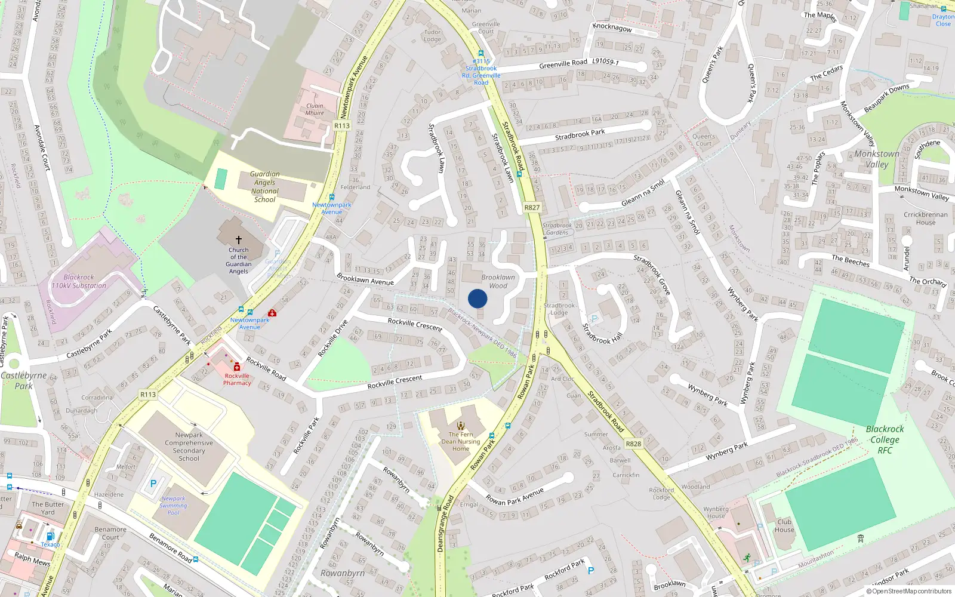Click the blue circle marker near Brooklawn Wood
click(x=478, y=298)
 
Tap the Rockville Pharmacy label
click(x=237, y=380)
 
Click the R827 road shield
click(x=532, y=208)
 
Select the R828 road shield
click(x=633, y=444)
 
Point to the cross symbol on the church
click(x=239, y=239)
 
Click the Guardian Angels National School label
click(x=264, y=187)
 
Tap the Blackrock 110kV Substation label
click(x=79, y=282)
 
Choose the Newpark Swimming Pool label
click(x=173, y=506)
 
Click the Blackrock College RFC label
click(x=885, y=439)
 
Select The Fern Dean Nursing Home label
click(x=461, y=442)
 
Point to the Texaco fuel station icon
click(x=51, y=536)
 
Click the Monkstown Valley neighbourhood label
click(x=876, y=159)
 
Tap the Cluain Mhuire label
click(x=315, y=109)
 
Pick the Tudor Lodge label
click(x=433, y=36)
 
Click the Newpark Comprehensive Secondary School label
click(x=189, y=447)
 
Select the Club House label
click(x=784, y=525)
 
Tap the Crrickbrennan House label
click(x=925, y=219)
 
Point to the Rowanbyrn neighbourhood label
click(x=342, y=573)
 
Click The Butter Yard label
click(x=48, y=508)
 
